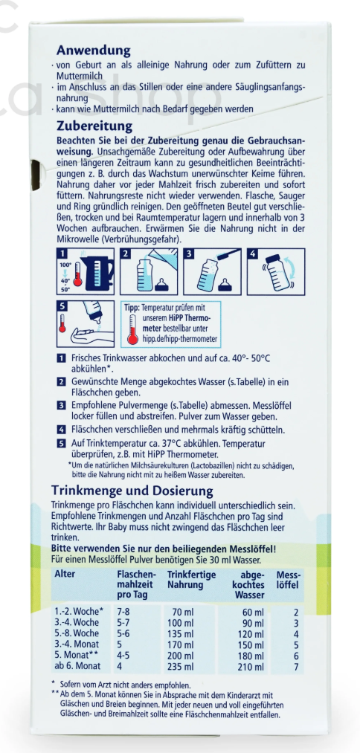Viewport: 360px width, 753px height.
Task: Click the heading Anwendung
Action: point(94,50)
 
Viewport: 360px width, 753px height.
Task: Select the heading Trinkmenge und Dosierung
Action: point(132,491)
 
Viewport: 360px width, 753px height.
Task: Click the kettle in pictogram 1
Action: point(98,274)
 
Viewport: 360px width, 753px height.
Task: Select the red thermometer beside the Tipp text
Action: point(131,328)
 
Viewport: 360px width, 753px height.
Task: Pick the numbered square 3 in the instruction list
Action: point(61,406)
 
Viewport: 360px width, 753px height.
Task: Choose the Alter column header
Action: point(65,574)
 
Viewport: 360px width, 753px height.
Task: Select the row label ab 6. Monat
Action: point(77,666)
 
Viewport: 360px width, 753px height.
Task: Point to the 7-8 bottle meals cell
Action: point(123,612)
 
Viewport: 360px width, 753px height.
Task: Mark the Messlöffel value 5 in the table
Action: point(296,645)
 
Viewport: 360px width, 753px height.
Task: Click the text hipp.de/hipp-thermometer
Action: point(177,338)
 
